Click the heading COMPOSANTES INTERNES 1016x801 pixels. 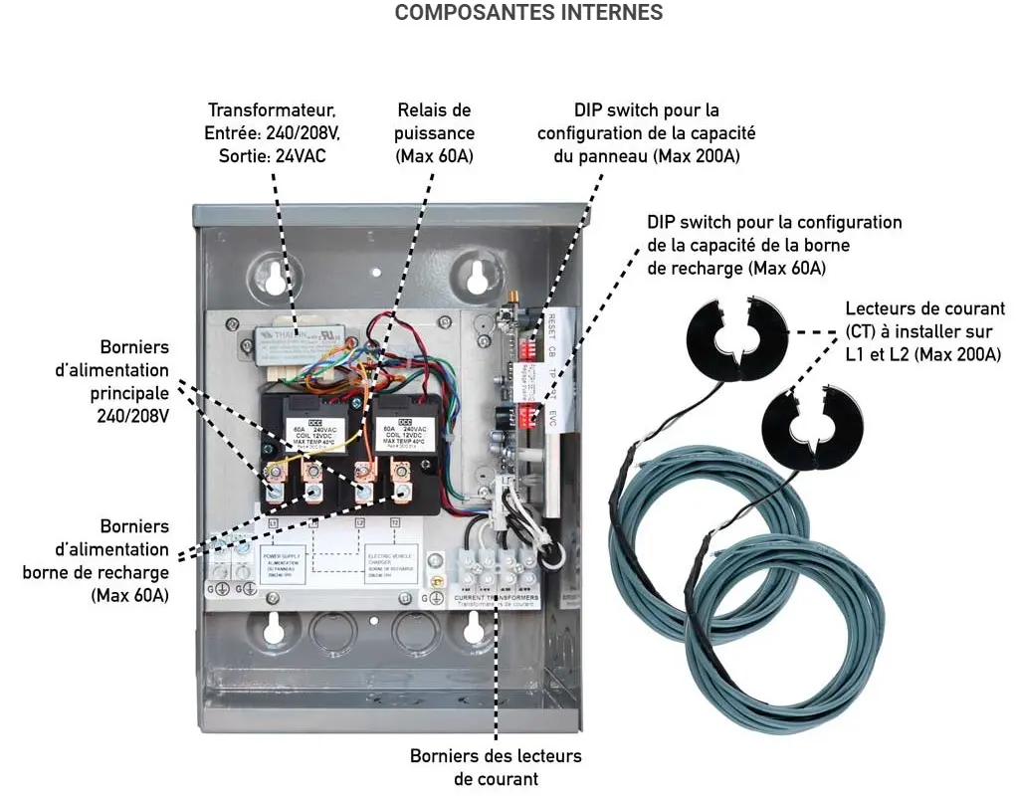pyautogui.click(x=528, y=13)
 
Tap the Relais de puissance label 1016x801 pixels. pyautogui.click(x=434, y=132)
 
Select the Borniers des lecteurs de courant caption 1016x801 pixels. pyautogui.click(x=496, y=767)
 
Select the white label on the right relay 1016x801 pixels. pyautogui.click(x=403, y=433)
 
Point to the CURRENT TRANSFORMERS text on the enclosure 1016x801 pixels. pyautogui.click(x=496, y=598)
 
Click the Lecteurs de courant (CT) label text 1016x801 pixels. pyautogui.click(x=923, y=331)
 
